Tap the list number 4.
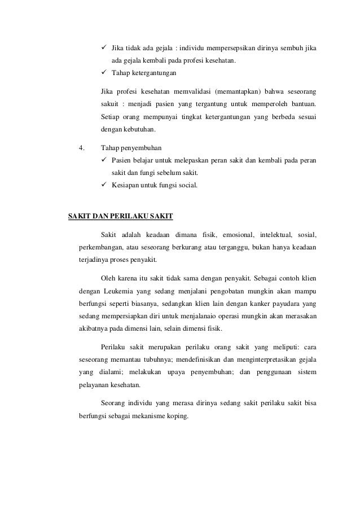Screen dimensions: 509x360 point(82,148)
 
